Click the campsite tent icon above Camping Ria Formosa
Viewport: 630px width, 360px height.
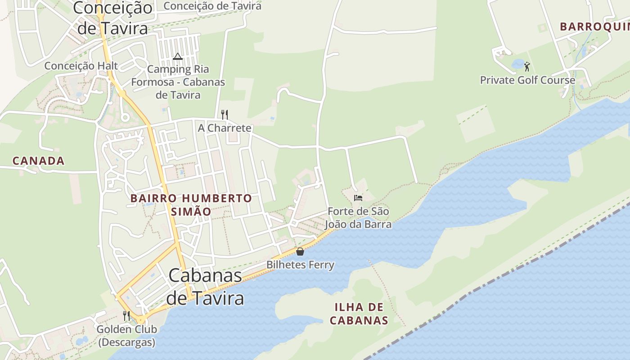tap(177, 56)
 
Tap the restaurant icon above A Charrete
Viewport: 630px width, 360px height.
tap(225, 114)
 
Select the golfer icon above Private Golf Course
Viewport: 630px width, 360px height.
tap(527, 67)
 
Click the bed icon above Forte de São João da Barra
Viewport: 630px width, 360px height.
tap(358, 198)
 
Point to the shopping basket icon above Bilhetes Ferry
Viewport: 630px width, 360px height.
tap(300, 252)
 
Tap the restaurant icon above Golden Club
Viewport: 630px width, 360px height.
tap(126, 315)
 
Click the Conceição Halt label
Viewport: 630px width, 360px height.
tap(81, 66)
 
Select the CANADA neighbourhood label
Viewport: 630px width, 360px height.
tap(39, 161)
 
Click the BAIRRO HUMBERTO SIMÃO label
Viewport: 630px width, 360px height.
tap(191, 205)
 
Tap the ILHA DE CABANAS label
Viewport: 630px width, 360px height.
tap(359, 314)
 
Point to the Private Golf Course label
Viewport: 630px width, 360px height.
tap(527, 80)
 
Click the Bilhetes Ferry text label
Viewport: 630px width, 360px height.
tap(300, 265)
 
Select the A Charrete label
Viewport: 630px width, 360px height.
tap(225, 128)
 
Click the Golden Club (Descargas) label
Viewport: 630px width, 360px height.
tap(126, 336)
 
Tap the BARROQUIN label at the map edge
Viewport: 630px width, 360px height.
tap(594, 27)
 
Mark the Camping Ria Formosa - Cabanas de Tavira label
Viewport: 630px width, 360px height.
tap(178, 82)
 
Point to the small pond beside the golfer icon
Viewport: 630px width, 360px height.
tap(517, 64)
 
